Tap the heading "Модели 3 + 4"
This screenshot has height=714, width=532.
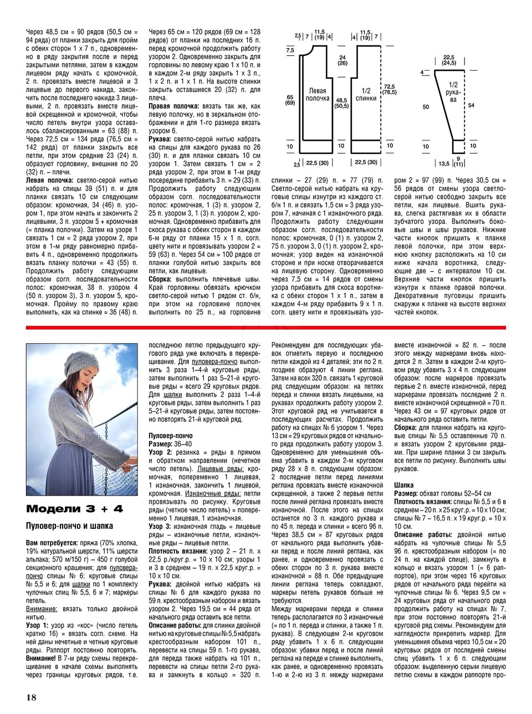point(74,509)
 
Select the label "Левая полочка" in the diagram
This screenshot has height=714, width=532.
point(316,95)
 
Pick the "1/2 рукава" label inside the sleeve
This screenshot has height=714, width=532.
point(453,92)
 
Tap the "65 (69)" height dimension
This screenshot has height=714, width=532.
point(289,99)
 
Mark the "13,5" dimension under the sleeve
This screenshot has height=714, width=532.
point(444,164)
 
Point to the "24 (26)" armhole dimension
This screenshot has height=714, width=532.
point(342,60)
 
